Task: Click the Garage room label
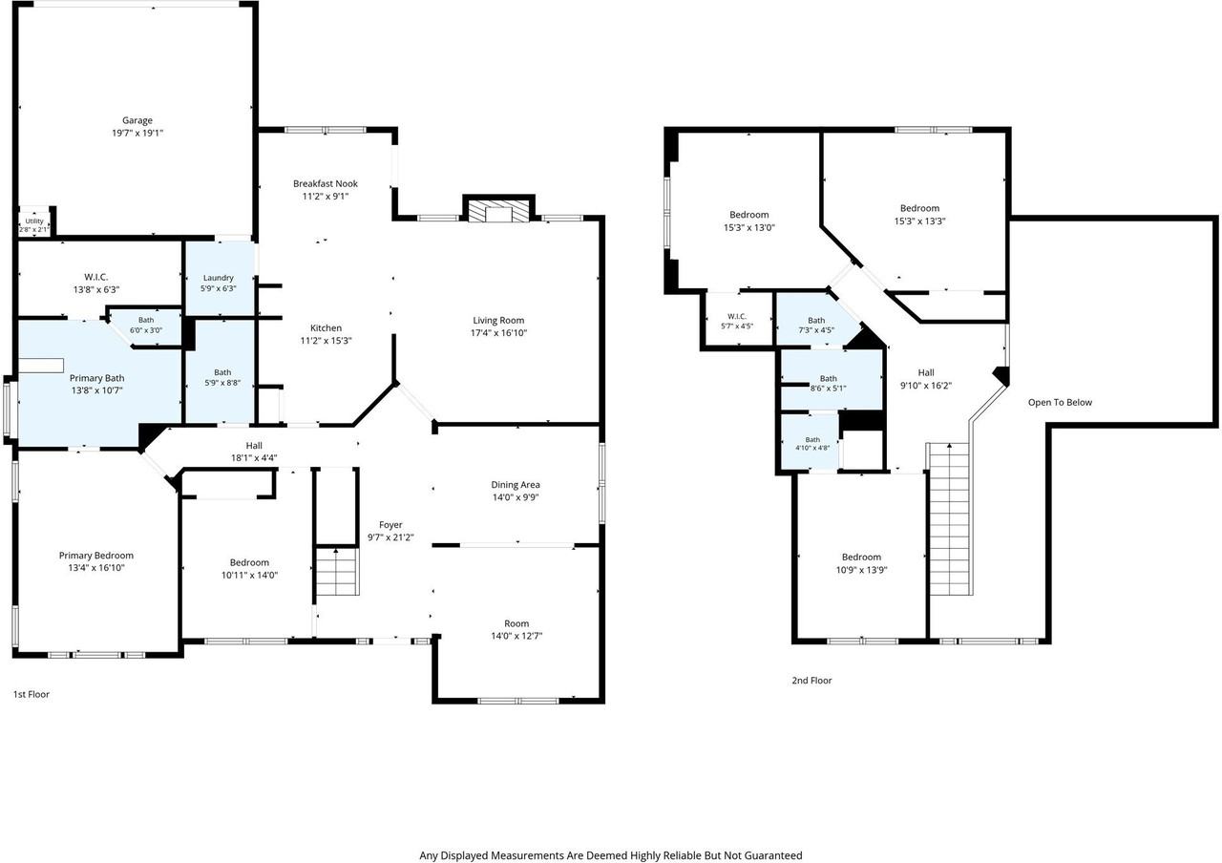click(x=137, y=120)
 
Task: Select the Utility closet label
click(x=34, y=221)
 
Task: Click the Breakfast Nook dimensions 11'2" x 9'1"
click(x=326, y=197)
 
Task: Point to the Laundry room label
click(x=219, y=278)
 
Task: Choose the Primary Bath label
click(x=96, y=378)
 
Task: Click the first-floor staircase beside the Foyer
click(x=337, y=571)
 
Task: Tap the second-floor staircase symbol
click(x=949, y=518)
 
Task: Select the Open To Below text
click(x=1060, y=403)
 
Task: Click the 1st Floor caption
click(x=32, y=694)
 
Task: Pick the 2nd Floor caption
click(x=811, y=681)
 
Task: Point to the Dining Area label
click(x=516, y=484)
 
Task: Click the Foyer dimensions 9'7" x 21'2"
click(x=390, y=537)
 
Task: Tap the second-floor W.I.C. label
click(x=736, y=316)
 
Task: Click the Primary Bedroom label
click(x=96, y=556)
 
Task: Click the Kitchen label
click(x=326, y=327)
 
